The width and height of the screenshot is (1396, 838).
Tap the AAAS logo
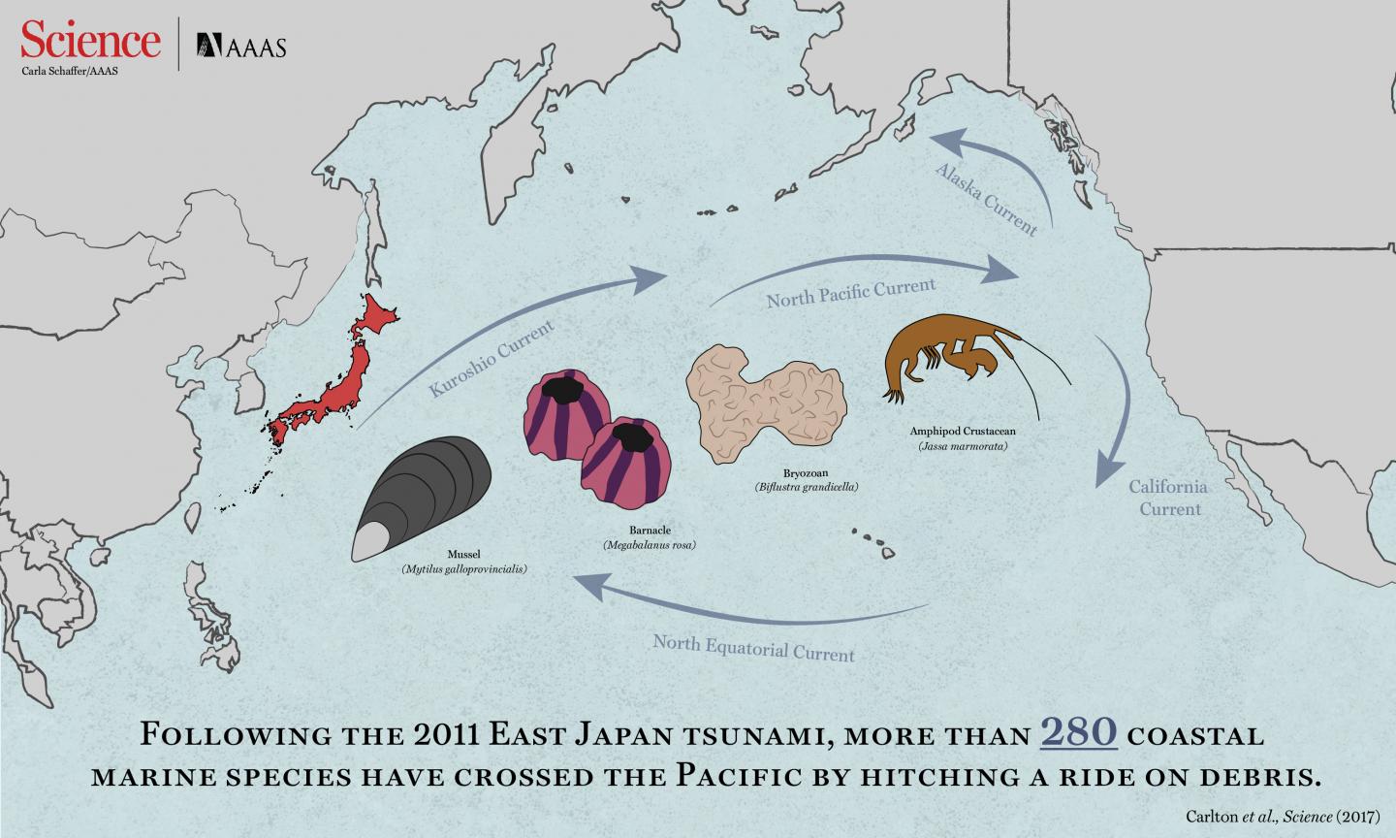(x=242, y=45)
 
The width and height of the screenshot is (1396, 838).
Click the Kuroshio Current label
(x=492, y=358)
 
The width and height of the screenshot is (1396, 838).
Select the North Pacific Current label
(x=850, y=292)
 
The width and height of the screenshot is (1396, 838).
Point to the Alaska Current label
(x=985, y=199)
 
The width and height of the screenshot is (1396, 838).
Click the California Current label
(x=1168, y=498)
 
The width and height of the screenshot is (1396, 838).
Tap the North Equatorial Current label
(x=753, y=647)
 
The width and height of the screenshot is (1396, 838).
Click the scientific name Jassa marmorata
(x=962, y=446)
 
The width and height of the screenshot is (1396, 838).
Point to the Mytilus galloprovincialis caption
(x=463, y=569)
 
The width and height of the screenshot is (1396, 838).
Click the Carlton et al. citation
(x=1284, y=816)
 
